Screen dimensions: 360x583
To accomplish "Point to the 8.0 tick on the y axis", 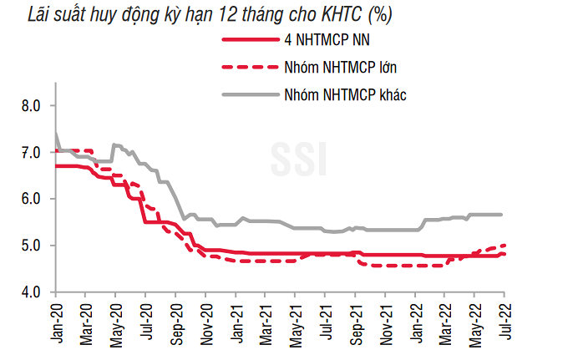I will tap(31, 106).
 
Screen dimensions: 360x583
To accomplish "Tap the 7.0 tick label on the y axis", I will tap(31, 153).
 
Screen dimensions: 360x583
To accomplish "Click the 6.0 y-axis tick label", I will tap(31, 199).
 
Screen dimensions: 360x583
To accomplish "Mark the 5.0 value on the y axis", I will tap(31, 246).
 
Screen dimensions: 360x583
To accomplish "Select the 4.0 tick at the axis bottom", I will tap(31, 292).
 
